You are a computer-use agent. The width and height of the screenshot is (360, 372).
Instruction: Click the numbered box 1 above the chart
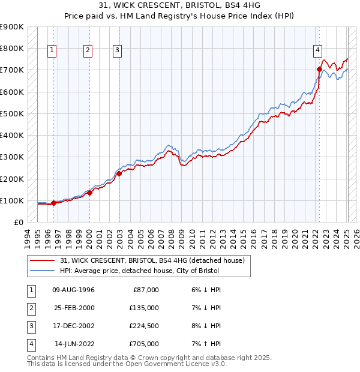click(53, 50)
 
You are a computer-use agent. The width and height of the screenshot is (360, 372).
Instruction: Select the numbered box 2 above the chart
click(88, 50)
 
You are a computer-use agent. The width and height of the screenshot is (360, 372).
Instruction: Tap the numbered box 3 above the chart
click(117, 50)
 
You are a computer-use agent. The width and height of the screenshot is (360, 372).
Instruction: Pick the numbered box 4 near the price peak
click(317, 50)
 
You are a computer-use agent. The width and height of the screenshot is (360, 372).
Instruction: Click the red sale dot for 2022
click(319, 69)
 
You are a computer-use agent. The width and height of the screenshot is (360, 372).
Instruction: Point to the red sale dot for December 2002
click(119, 173)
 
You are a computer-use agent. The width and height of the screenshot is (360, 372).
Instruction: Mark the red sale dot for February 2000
click(89, 193)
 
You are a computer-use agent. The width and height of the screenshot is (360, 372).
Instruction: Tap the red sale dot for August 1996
click(53, 203)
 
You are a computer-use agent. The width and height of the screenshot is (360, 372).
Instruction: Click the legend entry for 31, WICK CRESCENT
click(152, 260)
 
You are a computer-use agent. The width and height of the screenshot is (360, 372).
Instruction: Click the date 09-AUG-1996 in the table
click(74, 290)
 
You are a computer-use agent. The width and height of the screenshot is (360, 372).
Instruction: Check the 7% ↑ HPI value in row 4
click(206, 344)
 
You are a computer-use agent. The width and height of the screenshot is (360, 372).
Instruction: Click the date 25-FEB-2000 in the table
click(74, 308)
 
